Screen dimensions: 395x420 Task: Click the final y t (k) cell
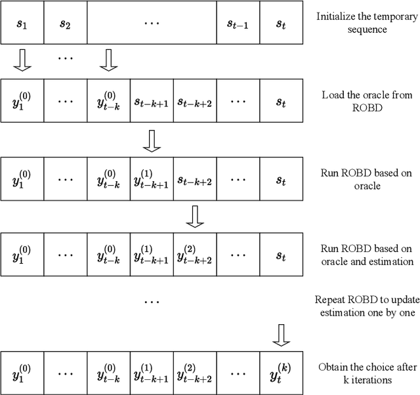(x=281, y=359)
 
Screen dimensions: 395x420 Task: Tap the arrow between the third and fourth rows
(x=194, y=217)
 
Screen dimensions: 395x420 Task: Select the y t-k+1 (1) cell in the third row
(x=151, y=178)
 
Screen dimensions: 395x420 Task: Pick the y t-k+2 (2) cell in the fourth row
(x=194, y=255)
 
